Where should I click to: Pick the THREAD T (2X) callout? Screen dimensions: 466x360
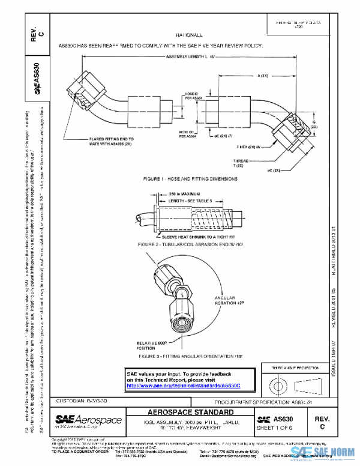tap(241, 163)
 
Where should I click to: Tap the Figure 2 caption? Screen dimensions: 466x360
tap(186, 245)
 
